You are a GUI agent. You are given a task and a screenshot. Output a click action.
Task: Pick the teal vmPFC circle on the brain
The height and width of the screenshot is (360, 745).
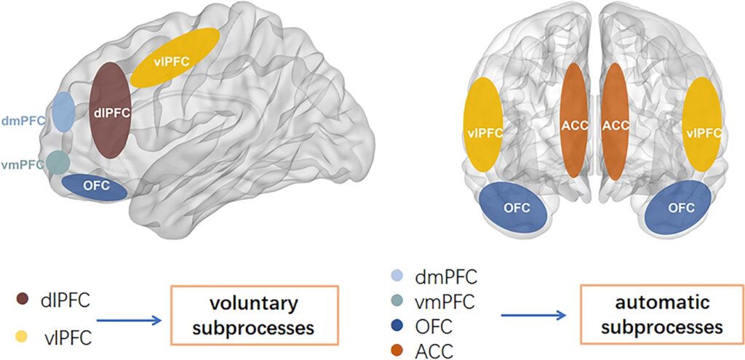58,161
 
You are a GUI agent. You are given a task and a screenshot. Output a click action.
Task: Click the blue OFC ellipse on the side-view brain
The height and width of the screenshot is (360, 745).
95,186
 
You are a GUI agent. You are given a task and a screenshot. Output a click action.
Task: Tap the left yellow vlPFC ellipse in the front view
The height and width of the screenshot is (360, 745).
483,124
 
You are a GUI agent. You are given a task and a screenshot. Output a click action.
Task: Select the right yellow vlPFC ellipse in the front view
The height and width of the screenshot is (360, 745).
703,124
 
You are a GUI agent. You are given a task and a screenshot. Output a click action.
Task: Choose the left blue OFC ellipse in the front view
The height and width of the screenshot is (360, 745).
514,207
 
